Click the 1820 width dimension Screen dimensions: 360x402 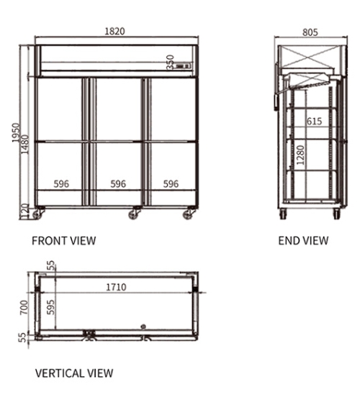[x=115, y=31]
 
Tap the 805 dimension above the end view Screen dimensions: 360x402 [x=310, y=32]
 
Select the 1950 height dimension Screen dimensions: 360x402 [x=16, y=132]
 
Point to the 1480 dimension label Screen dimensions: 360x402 [x=25, y=145]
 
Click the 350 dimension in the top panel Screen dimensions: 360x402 [x=171, y=62]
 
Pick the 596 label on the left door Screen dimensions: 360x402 [x=61, y=184]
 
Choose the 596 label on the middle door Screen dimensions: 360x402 [x=118, y=184]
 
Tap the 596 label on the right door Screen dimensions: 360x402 [x=171, y=184]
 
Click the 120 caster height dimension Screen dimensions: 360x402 [x=25, y=211]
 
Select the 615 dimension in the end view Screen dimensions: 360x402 [x=315, y=121]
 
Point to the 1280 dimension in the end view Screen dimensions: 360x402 [x=300, y=155]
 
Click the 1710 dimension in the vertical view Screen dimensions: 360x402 [x=116, y=287]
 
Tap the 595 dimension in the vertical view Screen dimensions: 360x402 [x=50, y=307]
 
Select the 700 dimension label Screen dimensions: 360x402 [x=24, y=307]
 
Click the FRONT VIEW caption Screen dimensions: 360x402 [x=64, y=241]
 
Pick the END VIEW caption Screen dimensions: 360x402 [x=304, y=241]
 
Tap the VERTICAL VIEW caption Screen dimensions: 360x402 [x=74, y=373]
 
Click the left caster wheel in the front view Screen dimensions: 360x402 [x=37, y=214]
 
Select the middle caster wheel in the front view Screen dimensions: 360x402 [x=133, y=214]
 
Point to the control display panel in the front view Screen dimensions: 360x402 [x=183, y=66]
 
